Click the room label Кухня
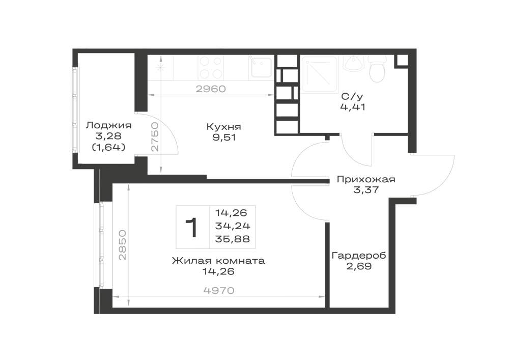(x=223, y=127)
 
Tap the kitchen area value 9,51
(x=224, y=137)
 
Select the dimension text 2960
(x=211, y=89)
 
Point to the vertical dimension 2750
(x=155, y=136)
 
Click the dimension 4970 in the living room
(x=219, y=290)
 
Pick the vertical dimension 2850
(x=122, y=245)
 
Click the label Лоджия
(x=109, y=126)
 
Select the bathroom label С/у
(x=352, y=96)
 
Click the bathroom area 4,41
(x=353, y=107)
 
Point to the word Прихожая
(x=366, y=180)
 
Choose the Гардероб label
(x=359, y=256)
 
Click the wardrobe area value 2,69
(x=359, y=266)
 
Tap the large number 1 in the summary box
(x=192, y=228)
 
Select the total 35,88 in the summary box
(x=233, y=239)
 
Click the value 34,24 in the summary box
(x=233, y=226)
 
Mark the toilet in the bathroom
(x=378, y=69)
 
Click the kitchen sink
(x=261, y=67)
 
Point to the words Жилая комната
(x=218, y=261)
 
